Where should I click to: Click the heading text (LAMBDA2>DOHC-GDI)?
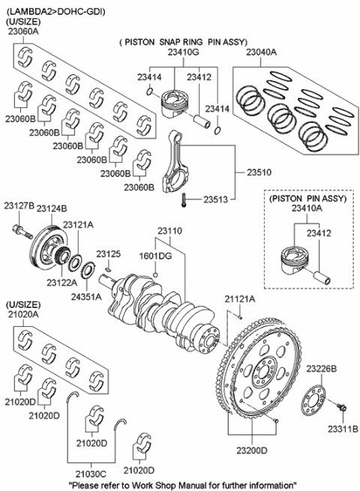(x=56, y=12)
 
